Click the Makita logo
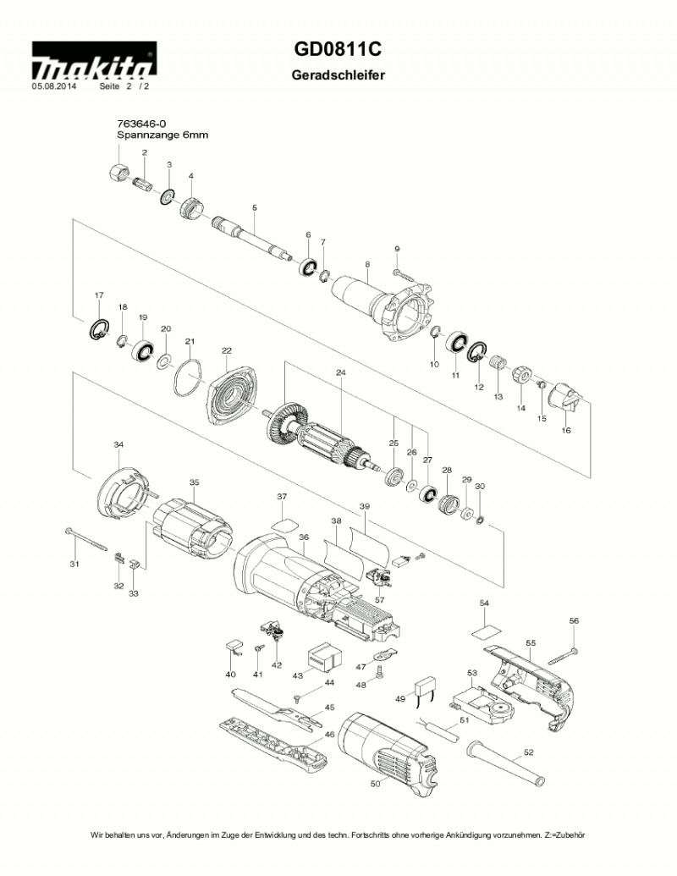coord(93,63)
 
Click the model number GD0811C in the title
coord(338,51)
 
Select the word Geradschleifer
coord(338,75)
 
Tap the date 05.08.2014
coord(54,86)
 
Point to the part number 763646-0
coord(141,124)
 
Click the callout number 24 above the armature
coord(341,372)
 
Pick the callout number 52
coord(529,752)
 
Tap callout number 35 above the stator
coord(194,482)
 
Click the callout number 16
coord(566,430)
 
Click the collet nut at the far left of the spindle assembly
coord(119,167)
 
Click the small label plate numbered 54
coord(486,630)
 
